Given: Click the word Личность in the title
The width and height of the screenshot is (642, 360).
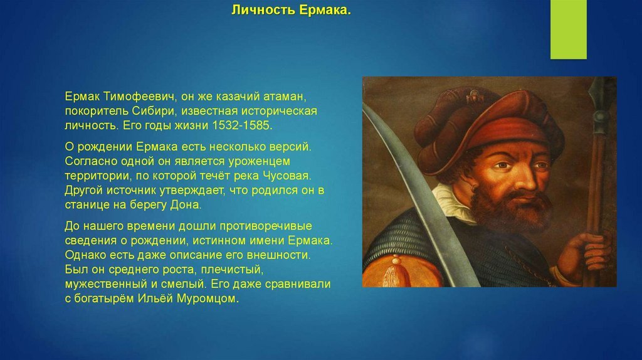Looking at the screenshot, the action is pyautogui.click(x=263, y=10).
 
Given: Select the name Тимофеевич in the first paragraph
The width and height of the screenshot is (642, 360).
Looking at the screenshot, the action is pyautogui.click(x=139, y=97).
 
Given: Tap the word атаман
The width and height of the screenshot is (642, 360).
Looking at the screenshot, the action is pyautogui.click(x=285, y=97).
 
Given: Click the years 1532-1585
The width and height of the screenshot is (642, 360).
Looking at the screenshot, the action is pyautogui.click(x=242, y=125).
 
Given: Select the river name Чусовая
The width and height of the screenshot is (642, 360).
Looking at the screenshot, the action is pyautogui.click(x=287, y=176).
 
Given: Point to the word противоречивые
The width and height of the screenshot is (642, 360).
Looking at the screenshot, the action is pyautogui.click(x=266, y=226).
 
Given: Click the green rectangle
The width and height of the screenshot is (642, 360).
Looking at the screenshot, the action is pyautogui.click(x=568, y=29).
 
